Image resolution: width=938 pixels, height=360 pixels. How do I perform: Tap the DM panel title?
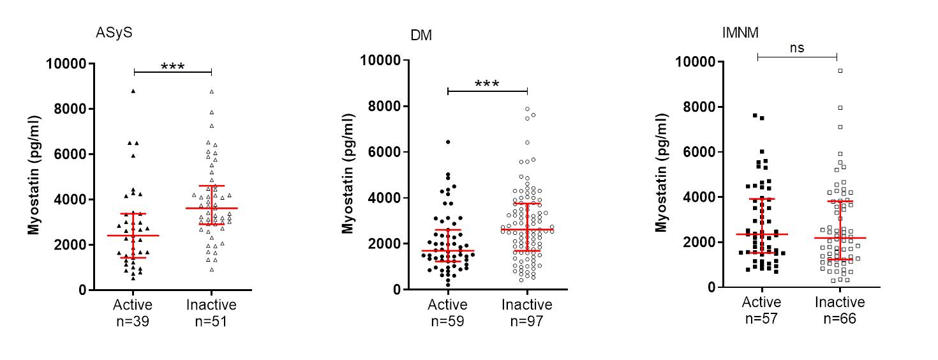click(x=421, y=36)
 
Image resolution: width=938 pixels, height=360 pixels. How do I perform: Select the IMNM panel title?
click(x=740, y=34)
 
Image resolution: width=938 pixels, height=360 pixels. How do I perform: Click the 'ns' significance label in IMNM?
click(x=796, y=47)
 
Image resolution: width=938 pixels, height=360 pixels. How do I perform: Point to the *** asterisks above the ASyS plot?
click(x=172, y=66)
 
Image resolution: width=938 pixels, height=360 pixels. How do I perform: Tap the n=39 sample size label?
click(x=133, y=320)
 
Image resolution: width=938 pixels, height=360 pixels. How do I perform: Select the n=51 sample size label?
click(x=211, y=320)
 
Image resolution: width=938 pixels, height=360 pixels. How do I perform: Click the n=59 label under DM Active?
click(x=447, y=320)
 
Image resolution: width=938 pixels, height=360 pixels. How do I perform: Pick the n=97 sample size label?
click(x=527, y=320)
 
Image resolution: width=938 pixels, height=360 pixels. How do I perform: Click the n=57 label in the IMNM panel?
click(x=761, y=318)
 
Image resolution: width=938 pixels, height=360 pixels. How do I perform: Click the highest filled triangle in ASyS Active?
click(x=133, y=91)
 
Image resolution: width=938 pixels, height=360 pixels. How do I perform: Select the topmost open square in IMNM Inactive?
click(x=840, y=71)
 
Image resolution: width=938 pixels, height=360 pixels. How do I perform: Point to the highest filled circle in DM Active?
click(x=448, y=142)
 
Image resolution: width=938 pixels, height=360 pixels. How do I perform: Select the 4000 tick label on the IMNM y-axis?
click(x=697, y=197)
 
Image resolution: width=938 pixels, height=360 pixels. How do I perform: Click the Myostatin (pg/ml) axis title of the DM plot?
click(x=348, y=175)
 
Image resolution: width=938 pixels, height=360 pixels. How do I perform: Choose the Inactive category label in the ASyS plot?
click(x=211, y=305)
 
